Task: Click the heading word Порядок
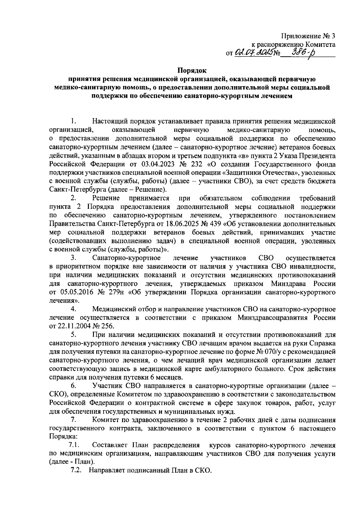[192, 71]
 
